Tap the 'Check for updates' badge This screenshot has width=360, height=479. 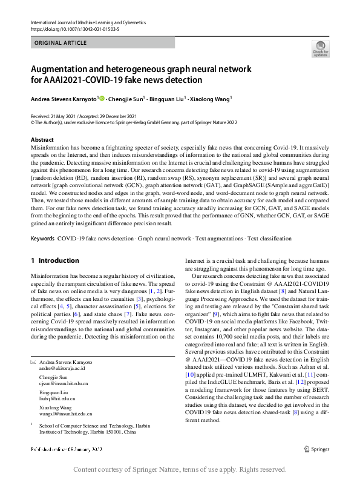[x=320, y=48]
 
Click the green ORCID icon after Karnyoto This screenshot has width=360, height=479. [x=102, y=99]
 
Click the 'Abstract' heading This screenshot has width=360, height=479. [x=42, y=139]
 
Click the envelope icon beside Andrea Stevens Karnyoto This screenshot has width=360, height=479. [x=33, y=362]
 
